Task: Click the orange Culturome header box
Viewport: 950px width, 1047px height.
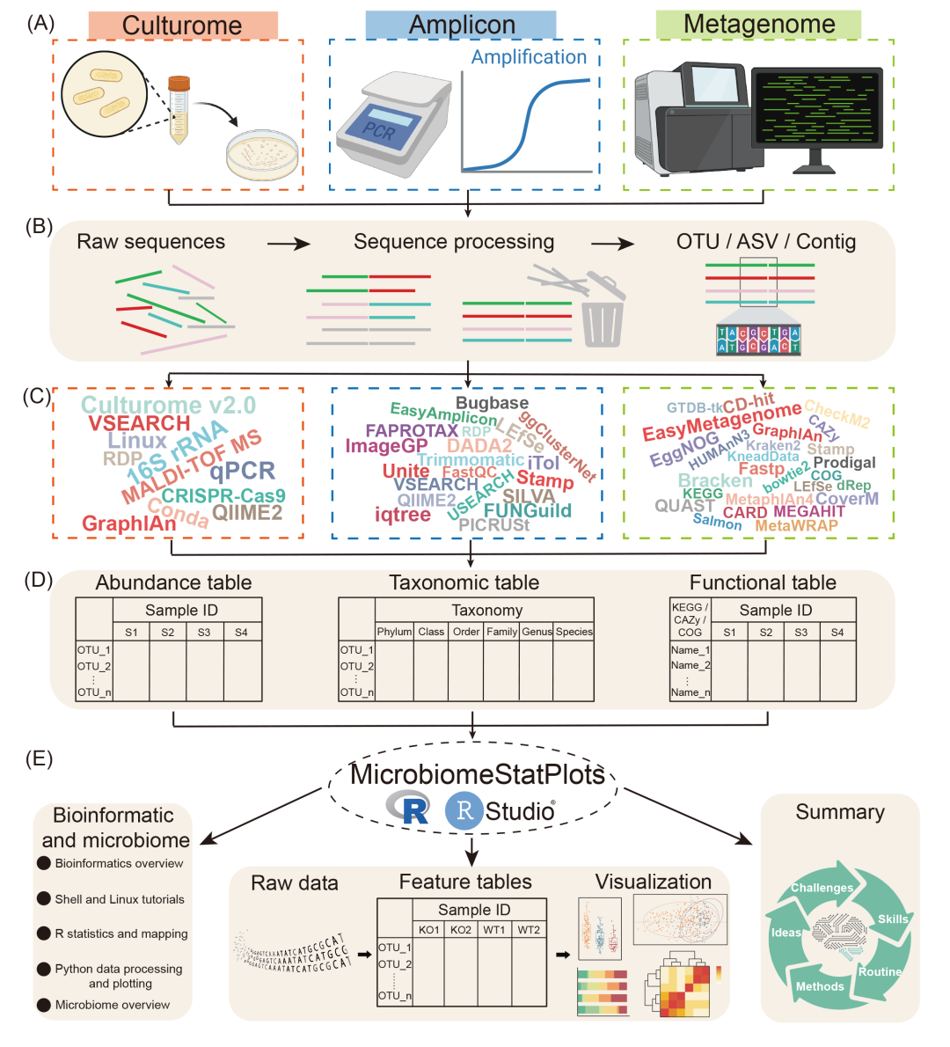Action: click(x=183, y=25)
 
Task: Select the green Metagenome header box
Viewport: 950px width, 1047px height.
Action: click(x=758, y=25)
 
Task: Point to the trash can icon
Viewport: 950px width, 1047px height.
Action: click(x=603, y=312)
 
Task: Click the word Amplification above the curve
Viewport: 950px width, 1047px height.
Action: click(x=529, y=58)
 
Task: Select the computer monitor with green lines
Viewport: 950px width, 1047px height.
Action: click(x=817, y=110)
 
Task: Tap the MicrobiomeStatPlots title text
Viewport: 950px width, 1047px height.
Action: click(x=477, y=774)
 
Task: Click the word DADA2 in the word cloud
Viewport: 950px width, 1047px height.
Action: click(x=479, y=446)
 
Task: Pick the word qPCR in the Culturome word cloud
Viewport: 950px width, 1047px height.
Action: click(x=242, y=471)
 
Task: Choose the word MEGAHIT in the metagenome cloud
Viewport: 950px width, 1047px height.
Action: click(x=809, y=511)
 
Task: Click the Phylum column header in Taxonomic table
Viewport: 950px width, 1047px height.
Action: click(x=394, y=632)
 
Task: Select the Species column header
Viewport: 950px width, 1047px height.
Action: click(x=574, y=632)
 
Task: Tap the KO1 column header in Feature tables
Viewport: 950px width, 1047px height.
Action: click(x=429, y=930)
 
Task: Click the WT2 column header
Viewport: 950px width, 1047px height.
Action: click(x=529, y=930)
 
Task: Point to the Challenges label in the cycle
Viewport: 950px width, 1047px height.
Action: click(x=822, y=888)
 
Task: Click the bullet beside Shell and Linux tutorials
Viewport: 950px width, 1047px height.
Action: click(x=43, y=899)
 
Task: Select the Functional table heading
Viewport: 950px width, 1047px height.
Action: click(x=763, y=582)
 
